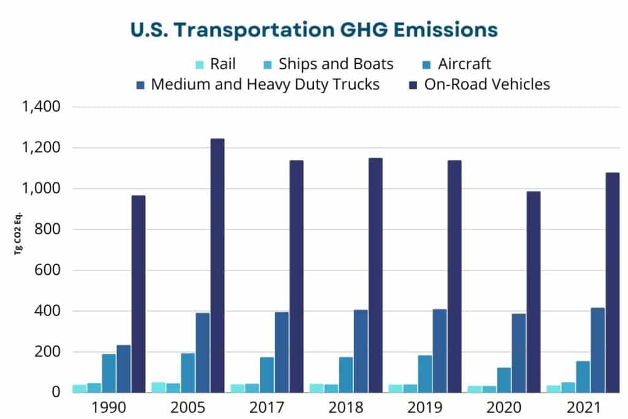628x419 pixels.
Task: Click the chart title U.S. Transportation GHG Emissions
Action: tap(314, 29)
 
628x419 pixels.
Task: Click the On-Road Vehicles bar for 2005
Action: tap(217, 265)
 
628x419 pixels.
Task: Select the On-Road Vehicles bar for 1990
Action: tap(138, 294)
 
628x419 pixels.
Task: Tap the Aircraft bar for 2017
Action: tap(267, 374)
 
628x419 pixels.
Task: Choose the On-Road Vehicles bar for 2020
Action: tap(533, 292)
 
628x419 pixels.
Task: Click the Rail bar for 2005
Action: tap(158, 387)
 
